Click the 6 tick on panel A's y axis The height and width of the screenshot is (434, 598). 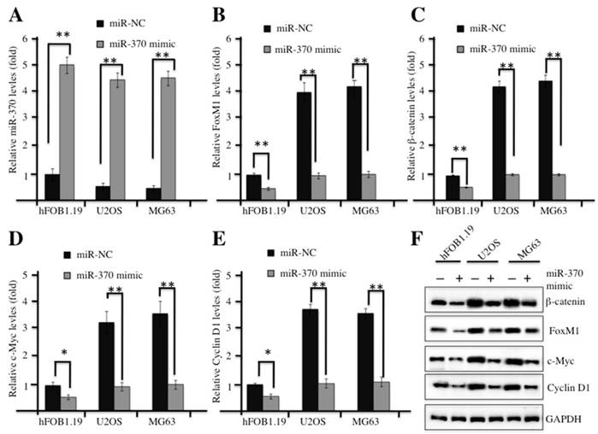(x=34, y=38)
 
